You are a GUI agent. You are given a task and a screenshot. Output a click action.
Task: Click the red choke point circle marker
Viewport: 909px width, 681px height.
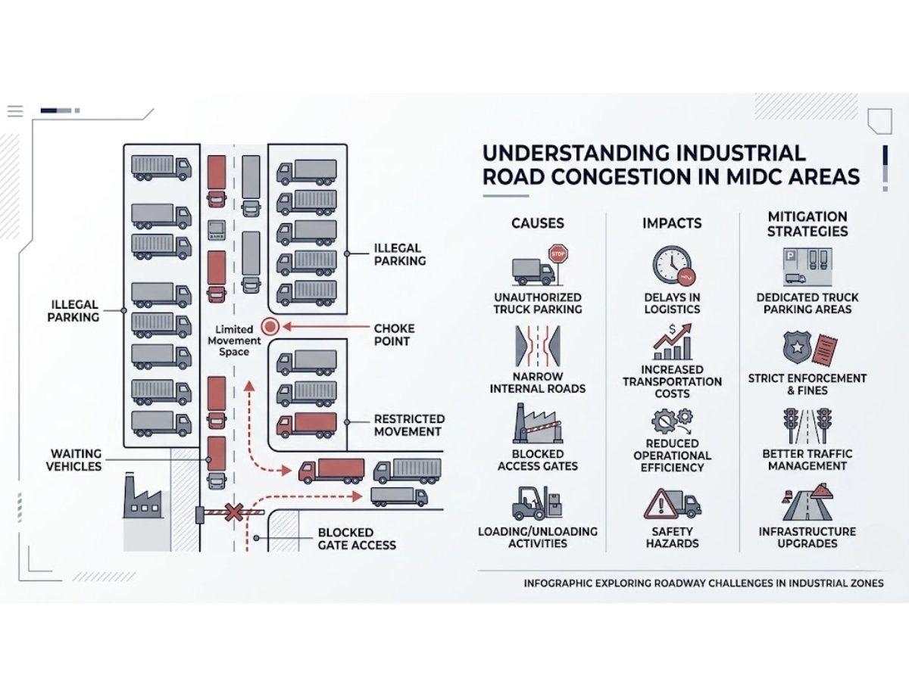[x=269, y=327]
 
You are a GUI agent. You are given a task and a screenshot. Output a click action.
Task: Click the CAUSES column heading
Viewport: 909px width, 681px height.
[x=537, y=223]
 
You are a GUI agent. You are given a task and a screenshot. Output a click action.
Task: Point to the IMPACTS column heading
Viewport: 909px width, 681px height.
[x=672, y=223]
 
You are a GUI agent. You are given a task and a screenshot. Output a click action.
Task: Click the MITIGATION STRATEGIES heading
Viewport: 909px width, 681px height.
[x=807, y=224]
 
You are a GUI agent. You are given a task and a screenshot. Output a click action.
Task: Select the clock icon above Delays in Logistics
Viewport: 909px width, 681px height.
[x=670, y=265]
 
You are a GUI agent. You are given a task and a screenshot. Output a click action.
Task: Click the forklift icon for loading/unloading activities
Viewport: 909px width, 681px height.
[x=537, y=502]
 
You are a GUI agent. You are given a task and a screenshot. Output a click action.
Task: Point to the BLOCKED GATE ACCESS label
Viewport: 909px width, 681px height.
[x=357, y=538]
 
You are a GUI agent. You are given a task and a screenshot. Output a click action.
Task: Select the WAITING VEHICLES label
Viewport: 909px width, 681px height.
[x=74, y=459]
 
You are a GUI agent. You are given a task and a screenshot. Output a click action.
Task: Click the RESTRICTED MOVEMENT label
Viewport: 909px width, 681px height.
[x=409, y=424]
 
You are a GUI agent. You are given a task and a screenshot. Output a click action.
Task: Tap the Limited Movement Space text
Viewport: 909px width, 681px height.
[x=238, y=340]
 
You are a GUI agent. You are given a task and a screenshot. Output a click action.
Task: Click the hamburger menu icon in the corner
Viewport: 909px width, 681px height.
[x=15, y=111]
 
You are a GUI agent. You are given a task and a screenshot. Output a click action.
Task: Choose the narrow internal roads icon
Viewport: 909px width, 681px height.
[x=537, y=346]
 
